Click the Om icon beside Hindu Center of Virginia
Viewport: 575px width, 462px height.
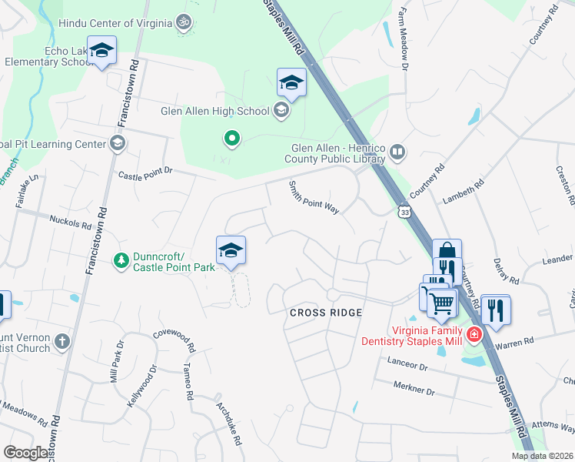point(183,22)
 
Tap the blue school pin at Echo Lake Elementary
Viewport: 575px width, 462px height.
point(101,52)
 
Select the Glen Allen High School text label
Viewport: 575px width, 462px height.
point(215,111)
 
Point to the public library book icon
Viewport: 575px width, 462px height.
point(397,152)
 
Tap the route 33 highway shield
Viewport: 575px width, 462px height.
point(404,210)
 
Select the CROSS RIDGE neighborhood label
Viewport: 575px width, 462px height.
point(325,313)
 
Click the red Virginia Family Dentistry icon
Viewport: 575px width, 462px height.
point(474,333)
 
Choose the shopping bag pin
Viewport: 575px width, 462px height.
point(447,253)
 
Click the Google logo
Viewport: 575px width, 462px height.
point(25,453)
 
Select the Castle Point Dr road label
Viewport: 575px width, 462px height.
point(146,176)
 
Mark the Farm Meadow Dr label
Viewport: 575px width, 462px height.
point(402,32)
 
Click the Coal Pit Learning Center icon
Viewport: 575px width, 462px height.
point(116,143)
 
